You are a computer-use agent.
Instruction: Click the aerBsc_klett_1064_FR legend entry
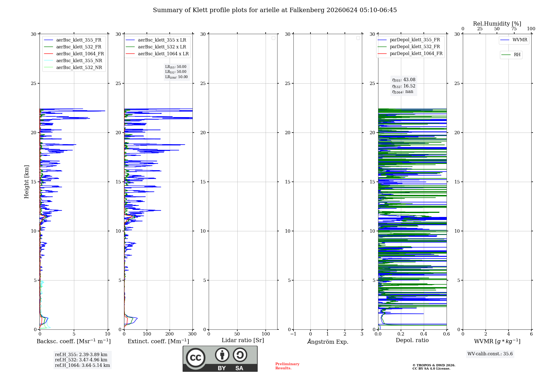coord(74,54)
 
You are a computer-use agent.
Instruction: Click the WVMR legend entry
coord(514,40)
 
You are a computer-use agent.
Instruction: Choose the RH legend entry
coord(511,55)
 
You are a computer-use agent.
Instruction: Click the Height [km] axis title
coord(26,182)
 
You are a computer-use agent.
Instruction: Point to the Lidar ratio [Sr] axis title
coord(243,340)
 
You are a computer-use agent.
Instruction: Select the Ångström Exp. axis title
coord(328,342)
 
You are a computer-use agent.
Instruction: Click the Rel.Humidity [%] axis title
coord(497,24)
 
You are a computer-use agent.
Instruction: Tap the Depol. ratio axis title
coord(412,340)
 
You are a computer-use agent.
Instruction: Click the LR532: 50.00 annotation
coord(176,72)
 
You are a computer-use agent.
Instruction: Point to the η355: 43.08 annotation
coord(404,80)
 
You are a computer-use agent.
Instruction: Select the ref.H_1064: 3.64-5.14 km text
coord(82,365)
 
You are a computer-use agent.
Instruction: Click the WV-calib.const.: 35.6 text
coord(490,354)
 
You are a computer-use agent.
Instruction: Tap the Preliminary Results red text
coord(287,366)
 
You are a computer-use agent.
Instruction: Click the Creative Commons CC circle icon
coord(196,358)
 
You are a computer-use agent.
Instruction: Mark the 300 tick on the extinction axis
coord(193,334)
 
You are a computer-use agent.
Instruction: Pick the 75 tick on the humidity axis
coord(514,29)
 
